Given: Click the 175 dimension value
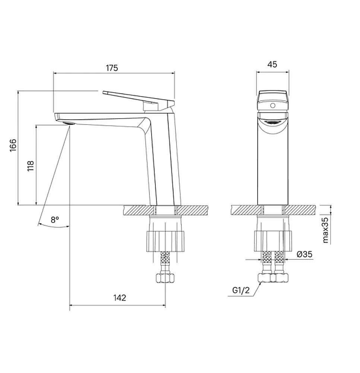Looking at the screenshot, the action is pyautogui.click(x=112, y=68).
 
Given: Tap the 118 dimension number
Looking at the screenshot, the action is pyautogui.click(x=31, y=166).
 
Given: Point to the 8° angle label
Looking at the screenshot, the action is pyautogui.click(x=55, y=220).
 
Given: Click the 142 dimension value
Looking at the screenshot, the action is pyautogui.click(x=120, y=298).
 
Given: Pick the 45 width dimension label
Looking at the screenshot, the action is pyautogui.click(x=272, y=65).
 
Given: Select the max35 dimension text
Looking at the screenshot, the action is pyautogui.click(x=325, y=230).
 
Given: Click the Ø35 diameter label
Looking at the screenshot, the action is pyautogui.click(x=304, y=254).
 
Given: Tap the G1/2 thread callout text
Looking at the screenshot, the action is pyautogui.click(x=241, y=290).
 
